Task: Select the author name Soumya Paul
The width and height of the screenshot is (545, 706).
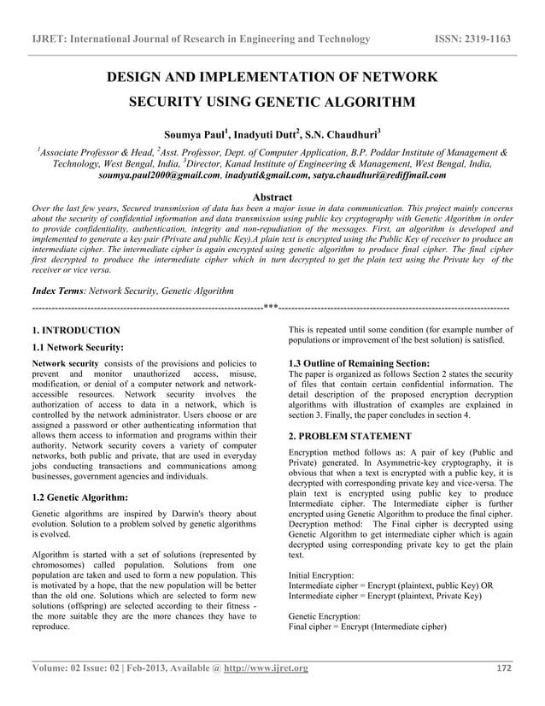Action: point(195,134)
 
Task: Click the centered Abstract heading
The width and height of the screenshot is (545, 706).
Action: point(272,197)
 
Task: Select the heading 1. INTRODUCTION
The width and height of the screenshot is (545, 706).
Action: point(75,330)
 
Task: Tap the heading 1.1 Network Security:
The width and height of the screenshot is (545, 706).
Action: point(78,347)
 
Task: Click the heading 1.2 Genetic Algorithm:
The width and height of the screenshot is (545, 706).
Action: point(79,497)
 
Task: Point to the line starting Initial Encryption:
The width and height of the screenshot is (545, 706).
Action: point(321,576)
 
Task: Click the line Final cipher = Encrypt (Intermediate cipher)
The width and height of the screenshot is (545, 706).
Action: point(368,626)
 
